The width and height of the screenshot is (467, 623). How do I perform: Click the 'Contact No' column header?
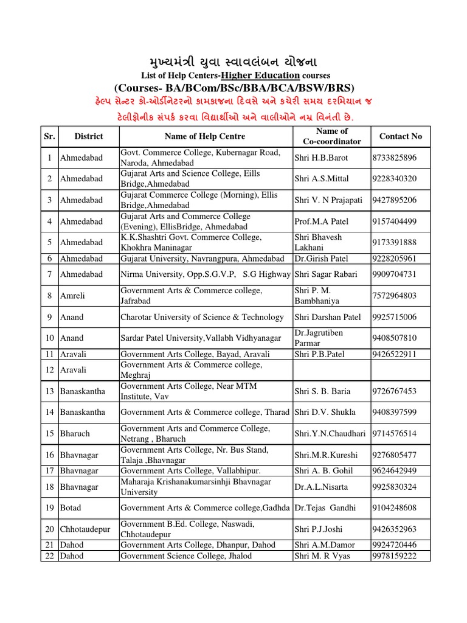(x=400, y=136)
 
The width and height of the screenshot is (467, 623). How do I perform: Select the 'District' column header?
(x=89, y=136)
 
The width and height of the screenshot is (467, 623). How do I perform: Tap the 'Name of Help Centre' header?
(x=206, y=136)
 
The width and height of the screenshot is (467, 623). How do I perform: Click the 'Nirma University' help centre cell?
(x=206, y=274)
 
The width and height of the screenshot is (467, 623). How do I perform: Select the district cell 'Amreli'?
(x=72, y=296)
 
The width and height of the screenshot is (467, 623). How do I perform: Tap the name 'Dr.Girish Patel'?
(x=322, y=259)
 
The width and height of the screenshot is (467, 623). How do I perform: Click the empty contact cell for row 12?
(x=400, y=370)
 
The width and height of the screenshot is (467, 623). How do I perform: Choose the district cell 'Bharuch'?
(x=74, y=434)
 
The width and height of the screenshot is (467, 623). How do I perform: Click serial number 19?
(x=49, y=507)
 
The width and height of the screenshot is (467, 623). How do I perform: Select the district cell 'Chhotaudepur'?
(x=85, y=529)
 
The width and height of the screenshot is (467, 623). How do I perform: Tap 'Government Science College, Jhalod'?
(x=186, y=556)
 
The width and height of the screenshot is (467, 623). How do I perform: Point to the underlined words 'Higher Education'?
(x=260, y=75)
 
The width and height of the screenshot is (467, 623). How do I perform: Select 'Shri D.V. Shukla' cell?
(x=325, y=412)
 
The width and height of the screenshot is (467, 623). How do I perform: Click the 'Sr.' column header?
(x=49, y=136)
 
